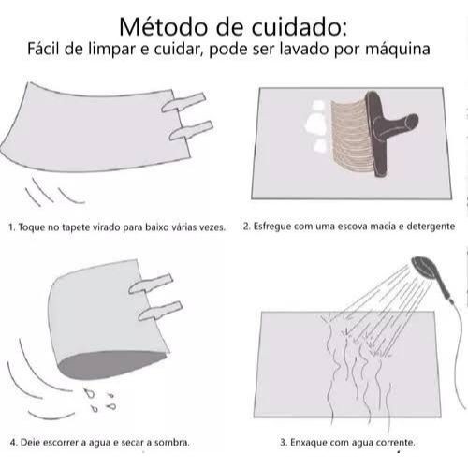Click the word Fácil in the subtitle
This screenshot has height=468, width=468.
44,49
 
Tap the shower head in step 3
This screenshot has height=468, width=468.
425,267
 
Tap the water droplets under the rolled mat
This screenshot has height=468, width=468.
100,400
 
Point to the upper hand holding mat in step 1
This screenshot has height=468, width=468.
184,102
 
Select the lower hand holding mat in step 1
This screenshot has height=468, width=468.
191,130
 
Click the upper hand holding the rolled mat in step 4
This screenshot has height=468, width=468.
151,284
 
